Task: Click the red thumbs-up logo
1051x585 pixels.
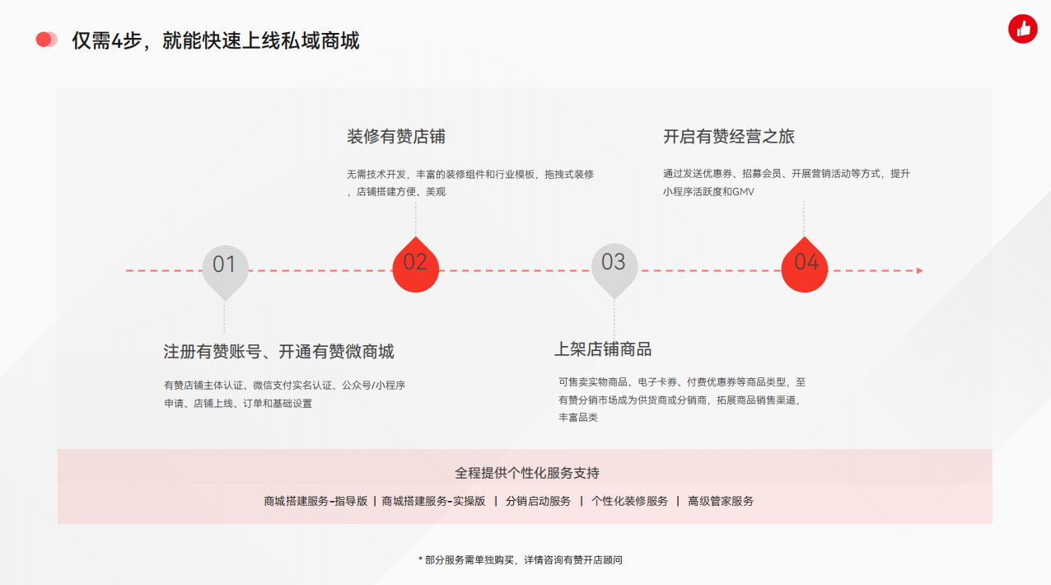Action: [x=1022, y=29]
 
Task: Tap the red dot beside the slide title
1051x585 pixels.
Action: [x=44, y=40]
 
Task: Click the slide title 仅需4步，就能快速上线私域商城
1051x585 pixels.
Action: [x=216, y=41]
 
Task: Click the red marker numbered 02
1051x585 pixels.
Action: [x=415, y=265]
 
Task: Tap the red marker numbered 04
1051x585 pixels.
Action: [x=804, y=265]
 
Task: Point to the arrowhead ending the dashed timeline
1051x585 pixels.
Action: [x=920, y=270]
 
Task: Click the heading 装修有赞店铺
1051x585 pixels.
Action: [x=396, y=137]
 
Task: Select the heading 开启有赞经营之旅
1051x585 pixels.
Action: [x=729, y=137]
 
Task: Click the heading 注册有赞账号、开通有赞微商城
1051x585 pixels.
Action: [x=278, y=352]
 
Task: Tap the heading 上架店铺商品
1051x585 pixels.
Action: [x=603, y=349]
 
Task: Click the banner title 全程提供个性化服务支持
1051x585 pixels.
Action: [x=527, y=473]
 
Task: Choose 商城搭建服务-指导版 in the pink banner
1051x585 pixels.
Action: [x=315, y=502]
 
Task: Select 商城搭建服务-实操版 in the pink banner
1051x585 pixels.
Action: [x=433, y=502]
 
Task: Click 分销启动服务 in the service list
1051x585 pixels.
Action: [x=538, y=502]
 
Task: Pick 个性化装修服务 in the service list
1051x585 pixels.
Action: [x=629, y=502]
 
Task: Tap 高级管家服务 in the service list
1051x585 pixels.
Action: [x=721, y=502]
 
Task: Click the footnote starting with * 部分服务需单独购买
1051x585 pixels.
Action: [x=521, y=560]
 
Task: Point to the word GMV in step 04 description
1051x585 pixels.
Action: [x=743, y=192]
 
